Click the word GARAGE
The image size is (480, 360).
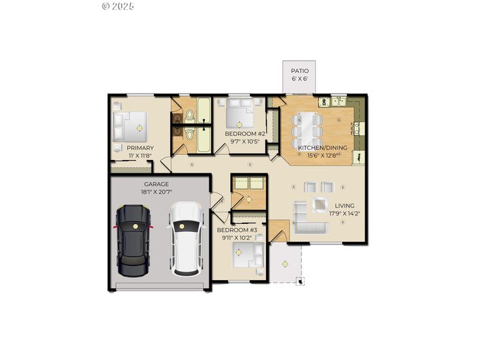pyautogui.click(x=156, y=184)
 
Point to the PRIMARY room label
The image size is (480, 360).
pyautogui.click(x=140, y=148)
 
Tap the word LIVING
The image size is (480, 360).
pyautogui.click(x=345, y=206)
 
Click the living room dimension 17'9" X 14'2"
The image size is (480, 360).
pyautogui.click(x=344, y=214)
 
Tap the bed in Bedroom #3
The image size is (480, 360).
pyautogui.click(x=247, y=255)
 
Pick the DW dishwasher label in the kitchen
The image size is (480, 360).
pyautogui.click(x=323, y=102)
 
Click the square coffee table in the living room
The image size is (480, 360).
pyautogui.click(x=321, y=206)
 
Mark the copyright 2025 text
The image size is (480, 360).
pyautogui.click(x=119, y=6)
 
